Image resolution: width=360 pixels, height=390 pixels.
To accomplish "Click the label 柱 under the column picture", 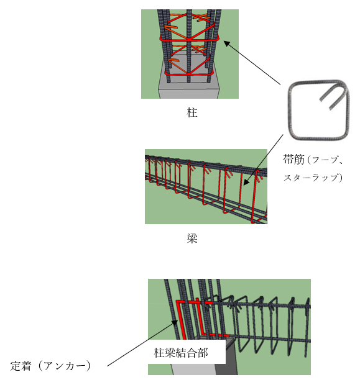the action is [192, 112].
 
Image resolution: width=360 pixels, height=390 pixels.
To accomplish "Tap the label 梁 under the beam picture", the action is [192, 238].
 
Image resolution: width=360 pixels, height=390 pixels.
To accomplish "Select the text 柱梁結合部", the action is [181, 353].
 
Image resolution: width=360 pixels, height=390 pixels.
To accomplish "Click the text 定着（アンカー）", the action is [50, 366].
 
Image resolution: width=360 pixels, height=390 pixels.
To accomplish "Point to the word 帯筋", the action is [293, 159].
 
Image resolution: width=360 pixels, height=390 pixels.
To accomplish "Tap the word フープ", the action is [324, 160].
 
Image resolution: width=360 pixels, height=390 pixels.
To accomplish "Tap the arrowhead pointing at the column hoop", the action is [226, 43].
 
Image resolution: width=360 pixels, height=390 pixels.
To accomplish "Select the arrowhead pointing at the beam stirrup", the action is [246, 183].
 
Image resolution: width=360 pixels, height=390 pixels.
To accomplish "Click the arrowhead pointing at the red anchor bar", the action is [175, 322].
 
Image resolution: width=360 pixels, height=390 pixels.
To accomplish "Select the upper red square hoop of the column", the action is [189, 39].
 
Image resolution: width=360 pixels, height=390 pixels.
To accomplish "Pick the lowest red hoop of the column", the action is [190, 74].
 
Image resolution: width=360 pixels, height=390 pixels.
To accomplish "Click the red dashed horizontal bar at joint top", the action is [195, 302].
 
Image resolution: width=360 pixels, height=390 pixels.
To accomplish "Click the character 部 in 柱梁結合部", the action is [203, 353].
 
